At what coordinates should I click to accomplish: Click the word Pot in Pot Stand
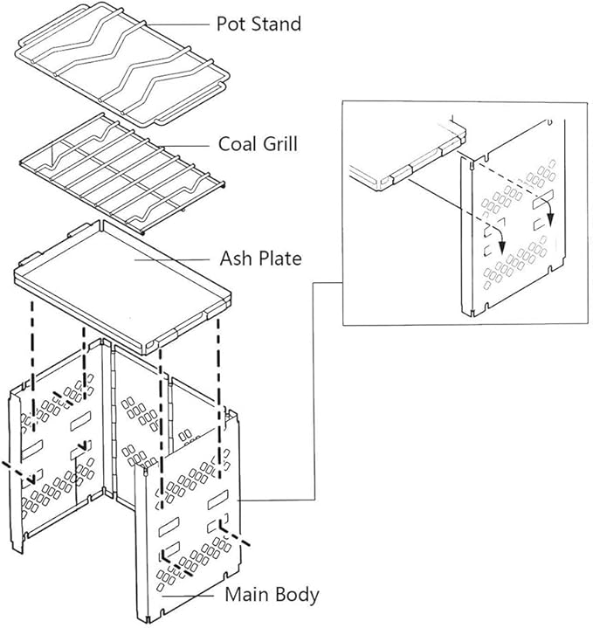coord(232,24)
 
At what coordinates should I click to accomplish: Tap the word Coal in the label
coord(238,142)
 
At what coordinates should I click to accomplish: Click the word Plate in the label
coord(279,259)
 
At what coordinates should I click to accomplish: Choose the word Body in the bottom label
coord(296,596)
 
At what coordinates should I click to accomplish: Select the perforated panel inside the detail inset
coord(515,253)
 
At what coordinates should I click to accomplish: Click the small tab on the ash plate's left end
coord(26,263)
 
